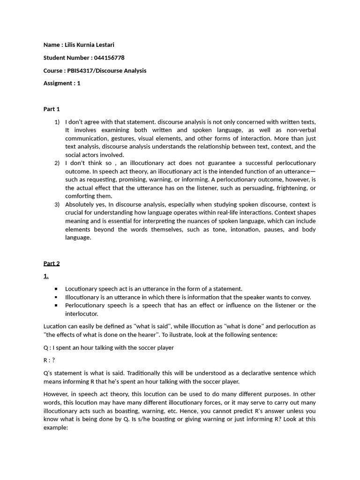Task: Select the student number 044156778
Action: pyautogui.click(x=109, y=58)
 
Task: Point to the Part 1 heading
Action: pyautogui.click(x=52, y=109)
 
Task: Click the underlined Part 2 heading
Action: pyautogui.click(x=52, y=263)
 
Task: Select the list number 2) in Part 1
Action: pyautogui.click(x=57, y=163)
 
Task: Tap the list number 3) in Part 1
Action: pyautogui.click(x=57, y=204)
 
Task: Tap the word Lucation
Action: pyautogui.click(x=55, y=326)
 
